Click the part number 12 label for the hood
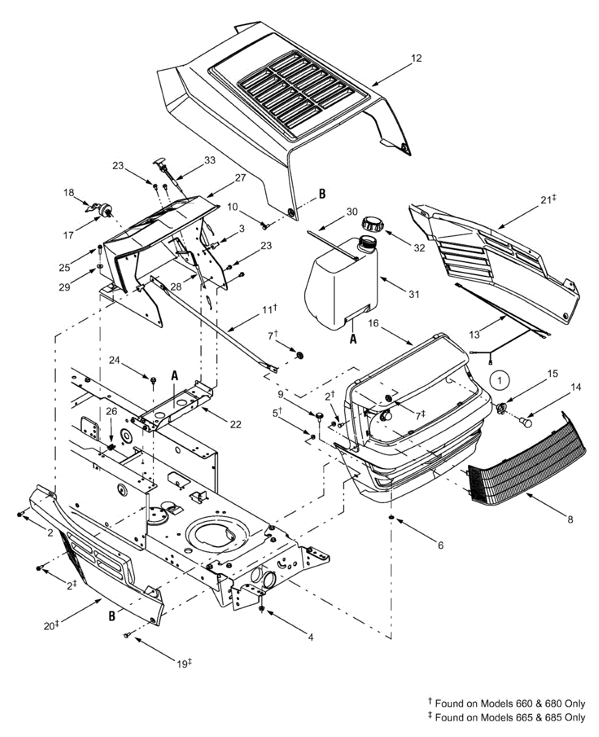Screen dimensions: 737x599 [417, 58]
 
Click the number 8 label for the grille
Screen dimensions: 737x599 [570, 520]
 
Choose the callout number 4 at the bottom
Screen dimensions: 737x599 [311, 638]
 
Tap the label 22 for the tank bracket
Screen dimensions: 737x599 [235, 424]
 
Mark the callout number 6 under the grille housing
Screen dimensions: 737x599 [440, 545]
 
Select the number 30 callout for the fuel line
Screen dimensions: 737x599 [351, 211]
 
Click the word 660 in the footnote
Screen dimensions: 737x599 [505, 704]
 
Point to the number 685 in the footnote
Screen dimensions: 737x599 [555, 717]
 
